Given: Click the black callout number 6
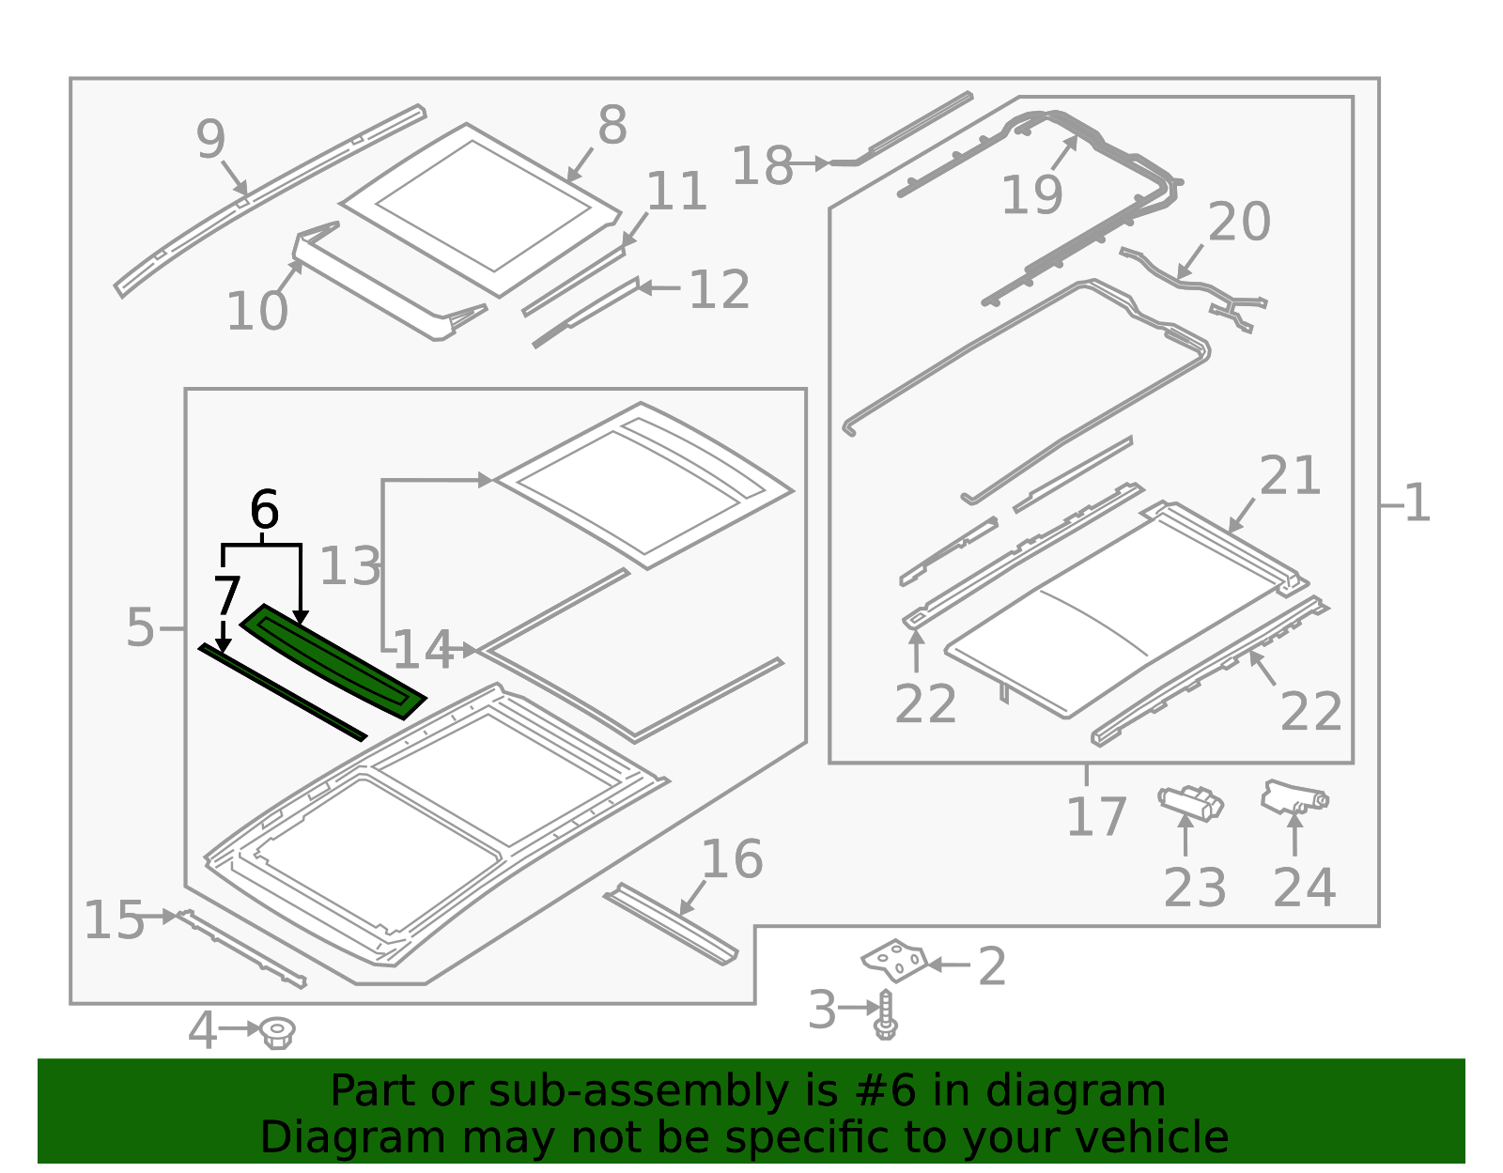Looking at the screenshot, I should click(264, 511).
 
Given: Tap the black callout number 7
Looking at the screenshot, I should click(227, 596).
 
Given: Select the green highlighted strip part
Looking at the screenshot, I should click(333, 662).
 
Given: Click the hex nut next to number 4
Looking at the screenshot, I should click(276, 1032).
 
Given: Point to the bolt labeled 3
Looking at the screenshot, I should click(885, 1014).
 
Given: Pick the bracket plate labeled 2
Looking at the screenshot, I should click(895, 961).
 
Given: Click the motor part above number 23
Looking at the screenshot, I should click(1191, 803).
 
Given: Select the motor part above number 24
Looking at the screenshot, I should click(1294, 796).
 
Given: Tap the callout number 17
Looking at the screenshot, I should click(1095, 817).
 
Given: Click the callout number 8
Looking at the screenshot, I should click(612, 126).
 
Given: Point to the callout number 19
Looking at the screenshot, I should click(1031, 195).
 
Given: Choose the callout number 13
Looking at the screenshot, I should click(349, 566).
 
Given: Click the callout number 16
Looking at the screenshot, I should click(732, 859).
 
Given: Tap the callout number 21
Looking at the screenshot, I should click(1290, 476).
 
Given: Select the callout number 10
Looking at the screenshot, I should click(256, 312).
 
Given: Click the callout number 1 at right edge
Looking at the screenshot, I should click(1417, 504).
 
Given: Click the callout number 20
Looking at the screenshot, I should click(1238, 223).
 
